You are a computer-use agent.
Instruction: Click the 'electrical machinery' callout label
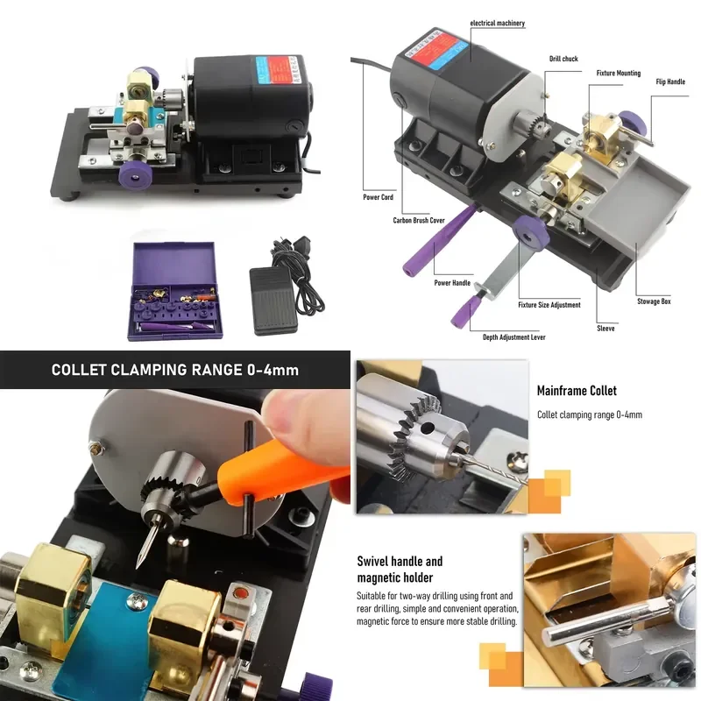(x=497, y=24)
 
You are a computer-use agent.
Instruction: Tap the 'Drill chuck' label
(x=563, y=59)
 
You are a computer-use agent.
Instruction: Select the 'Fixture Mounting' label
(x=619, y=73)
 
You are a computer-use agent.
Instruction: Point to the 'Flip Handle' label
(x=670, y=81)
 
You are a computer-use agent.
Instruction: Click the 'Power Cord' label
(x=378, y=197)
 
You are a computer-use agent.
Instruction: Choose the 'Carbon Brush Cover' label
(x=419, y=220)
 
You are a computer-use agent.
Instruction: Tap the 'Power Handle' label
(x=452, y=282)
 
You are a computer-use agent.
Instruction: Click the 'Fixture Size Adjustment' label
(x=549, y=305)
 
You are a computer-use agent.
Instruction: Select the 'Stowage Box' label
(x=654, y=301)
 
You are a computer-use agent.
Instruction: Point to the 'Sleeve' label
(x=605, y=328)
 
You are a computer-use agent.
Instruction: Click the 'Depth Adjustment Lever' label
(x=513, y=337)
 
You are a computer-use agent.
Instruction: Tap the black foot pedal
(x=273, y=301)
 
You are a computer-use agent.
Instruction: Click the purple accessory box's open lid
(x=174, y=264)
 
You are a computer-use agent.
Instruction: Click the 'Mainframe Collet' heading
(x=577, y=391)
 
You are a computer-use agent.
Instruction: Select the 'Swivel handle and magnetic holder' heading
(x=400, y=569)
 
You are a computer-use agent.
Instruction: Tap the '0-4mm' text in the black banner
(x=273, y=370)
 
